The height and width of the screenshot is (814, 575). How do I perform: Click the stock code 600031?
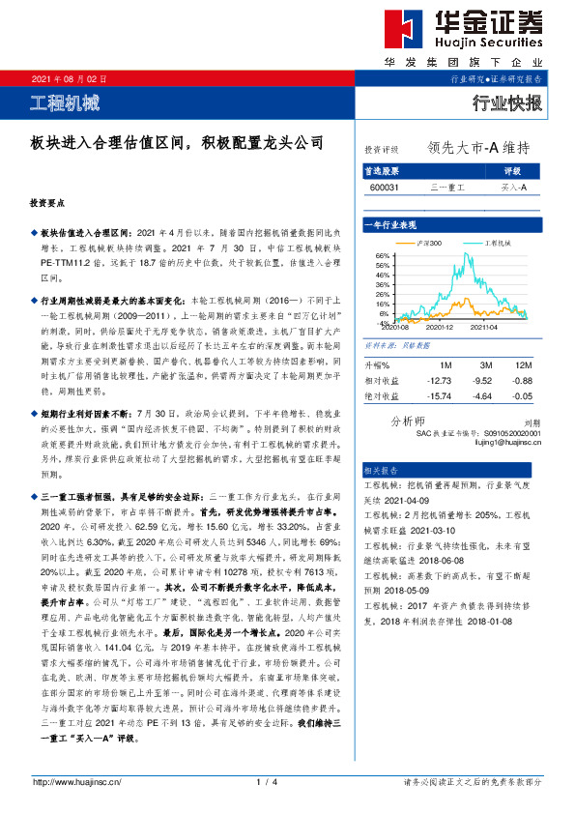click(x=382, y=186)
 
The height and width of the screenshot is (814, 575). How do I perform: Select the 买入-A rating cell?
click(x=513, y=186)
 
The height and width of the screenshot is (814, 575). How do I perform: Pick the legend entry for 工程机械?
click(x=496, y=242)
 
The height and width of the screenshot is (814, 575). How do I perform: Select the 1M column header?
click(x=446, y=363)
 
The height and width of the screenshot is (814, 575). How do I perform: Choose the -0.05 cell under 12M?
click(x=523, y=395)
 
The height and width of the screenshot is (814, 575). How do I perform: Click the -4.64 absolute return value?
click(x=483, y=395)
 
